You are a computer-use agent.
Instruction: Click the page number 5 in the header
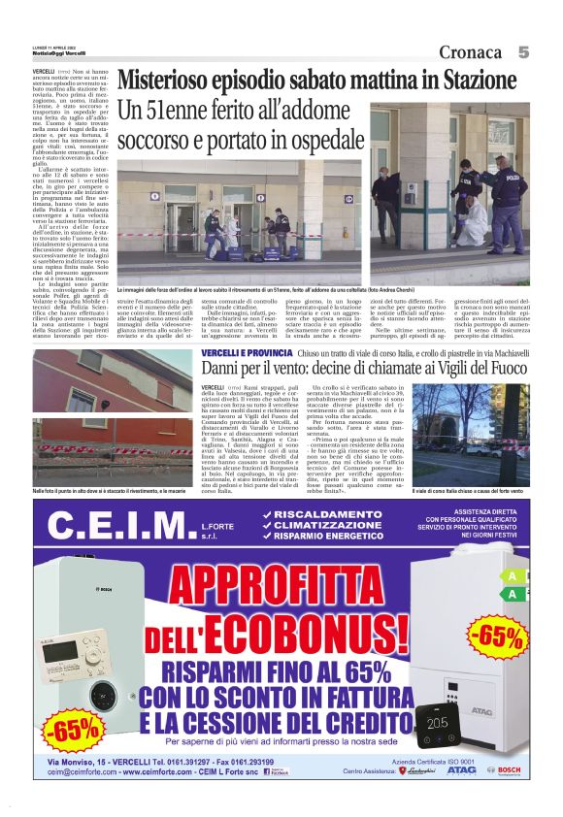[523, 51]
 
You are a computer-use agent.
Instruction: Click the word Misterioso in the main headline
[172, 80]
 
